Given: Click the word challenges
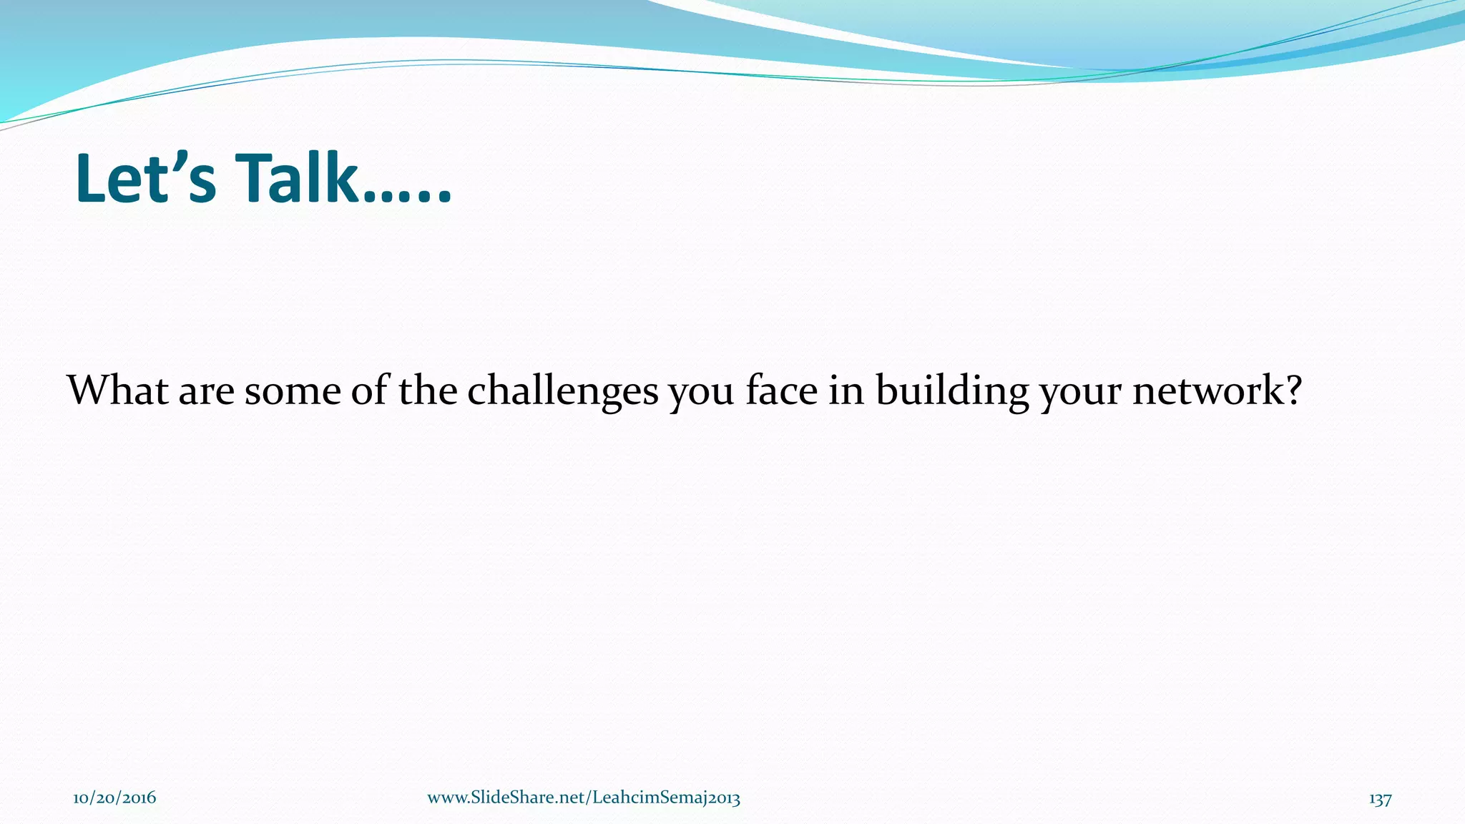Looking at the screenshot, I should pos(562,391).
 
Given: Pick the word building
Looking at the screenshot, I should pos(951,391).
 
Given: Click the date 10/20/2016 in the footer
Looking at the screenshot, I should pos(114,798).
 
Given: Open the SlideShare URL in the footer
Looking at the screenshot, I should pos(584,798).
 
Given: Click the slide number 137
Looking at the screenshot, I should pos(1380,799).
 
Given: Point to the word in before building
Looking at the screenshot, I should pos(846,391).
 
